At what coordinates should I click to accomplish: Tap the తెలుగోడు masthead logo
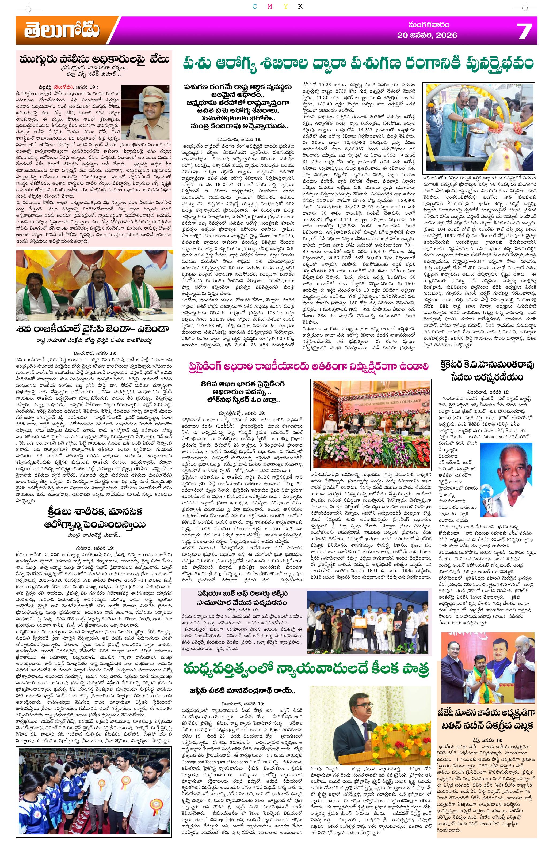62,31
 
